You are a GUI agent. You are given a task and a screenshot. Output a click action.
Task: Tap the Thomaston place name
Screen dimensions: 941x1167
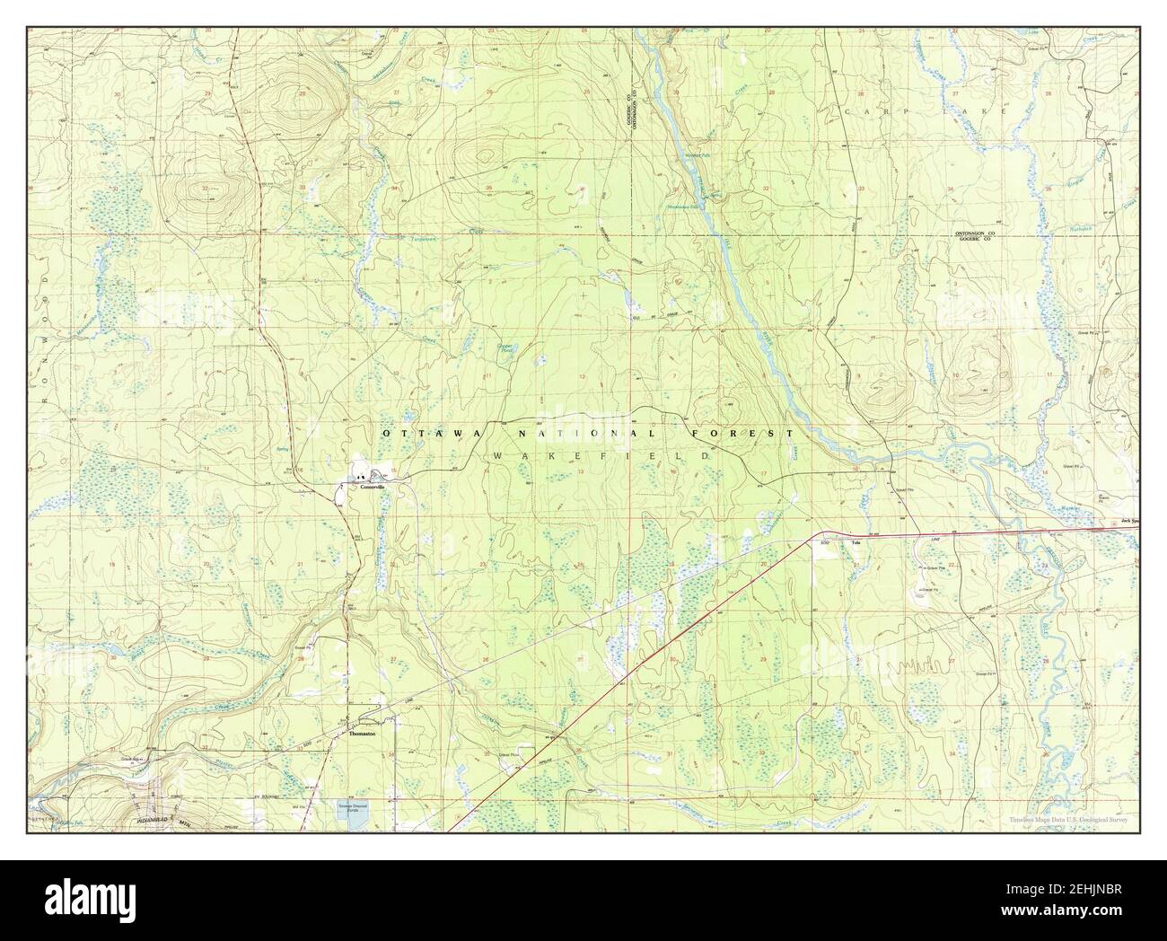[x=361, y=734]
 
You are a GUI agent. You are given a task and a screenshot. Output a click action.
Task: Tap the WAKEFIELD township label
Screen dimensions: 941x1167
[x=601, y=456]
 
